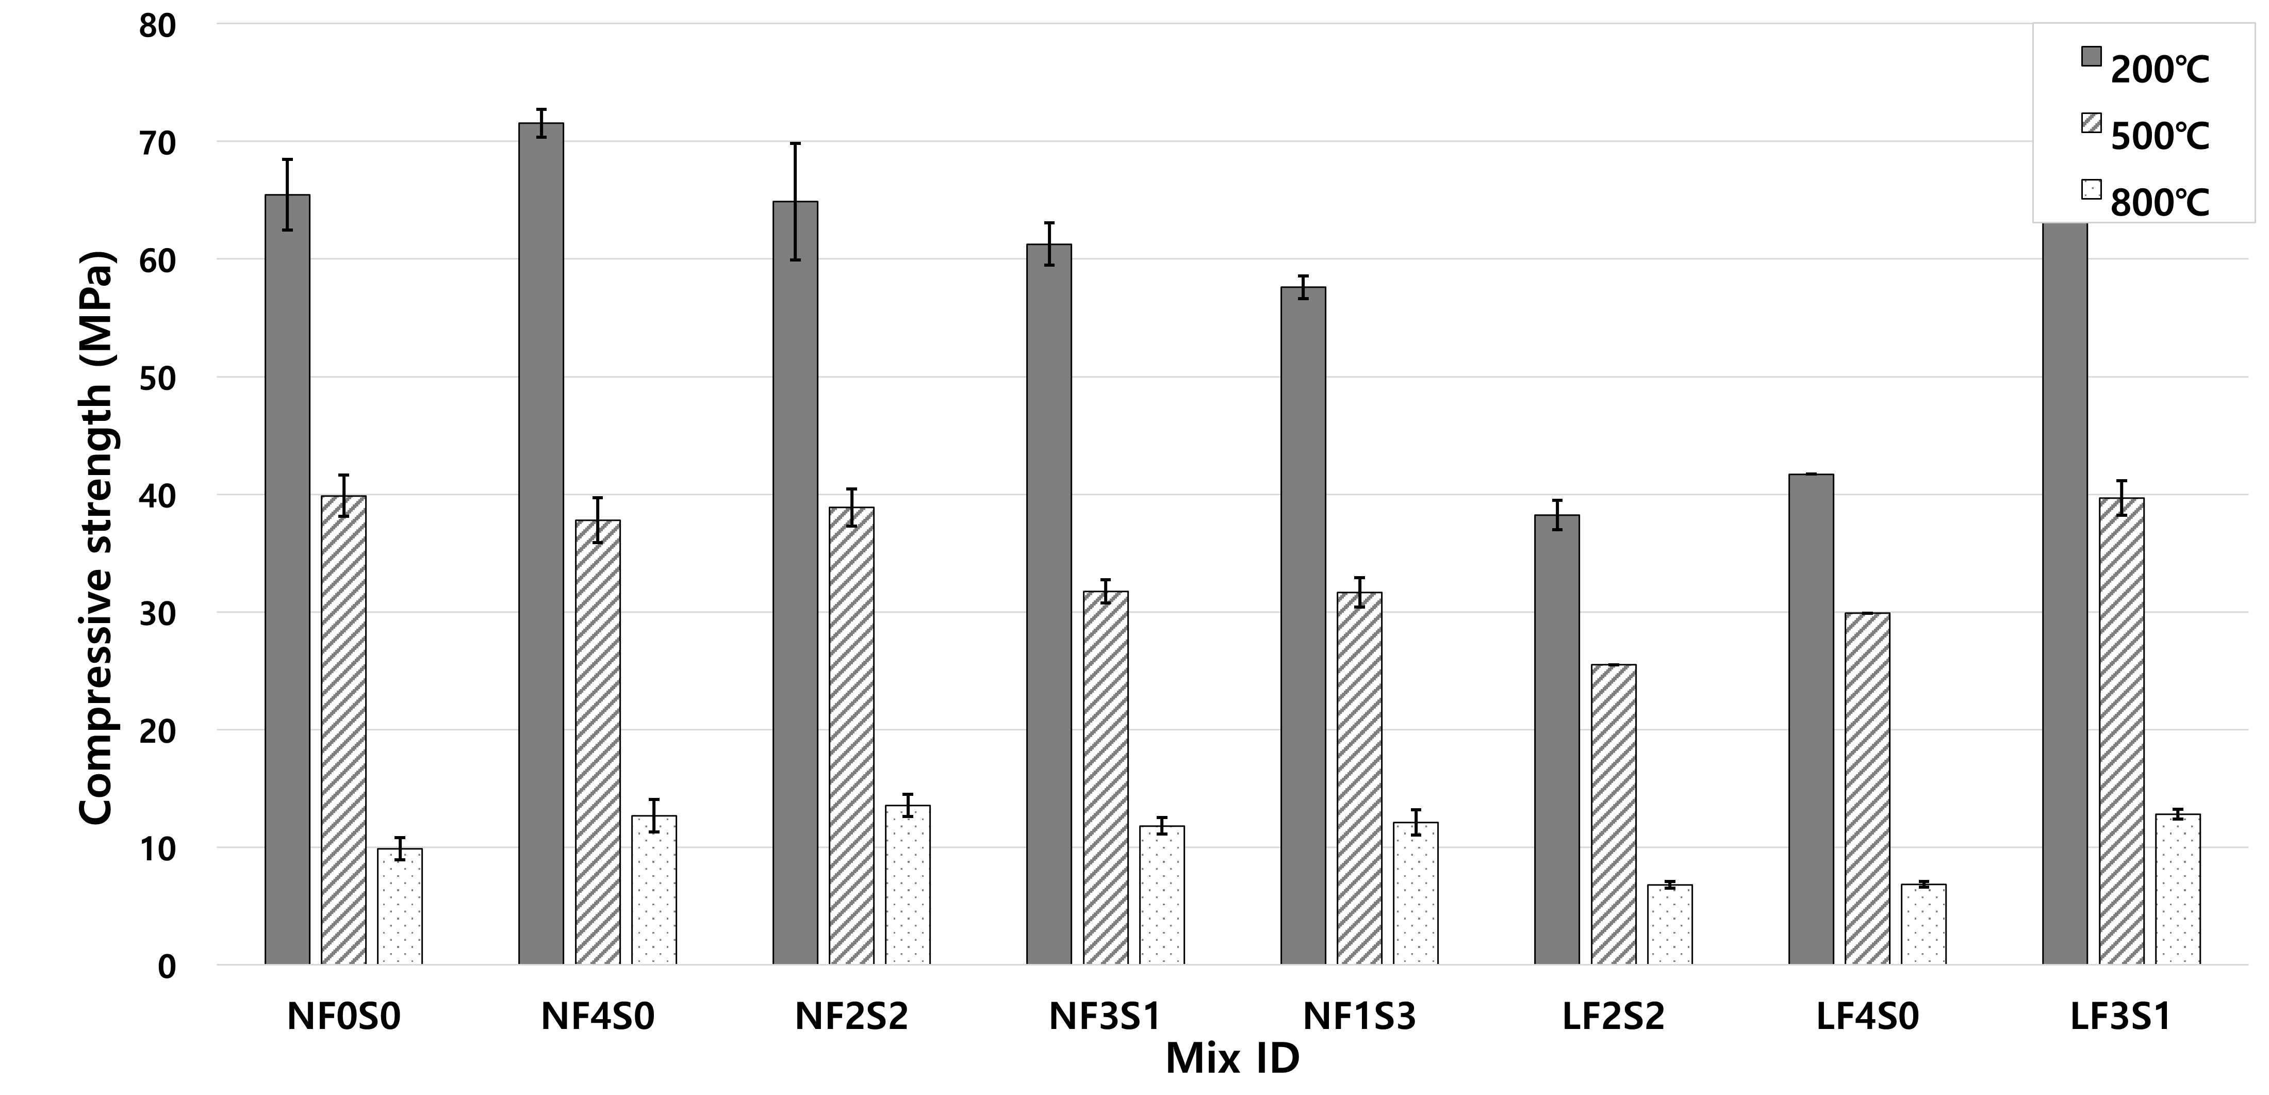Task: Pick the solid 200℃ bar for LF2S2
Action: tap(1556, 740)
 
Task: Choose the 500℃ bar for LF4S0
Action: tap(1867, 789)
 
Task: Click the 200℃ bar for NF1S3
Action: tap(1303, 626)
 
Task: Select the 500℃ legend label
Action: tap(2160, 137)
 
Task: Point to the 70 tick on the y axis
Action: tap(158, 142)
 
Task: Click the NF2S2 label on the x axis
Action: tap(851, 1018)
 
